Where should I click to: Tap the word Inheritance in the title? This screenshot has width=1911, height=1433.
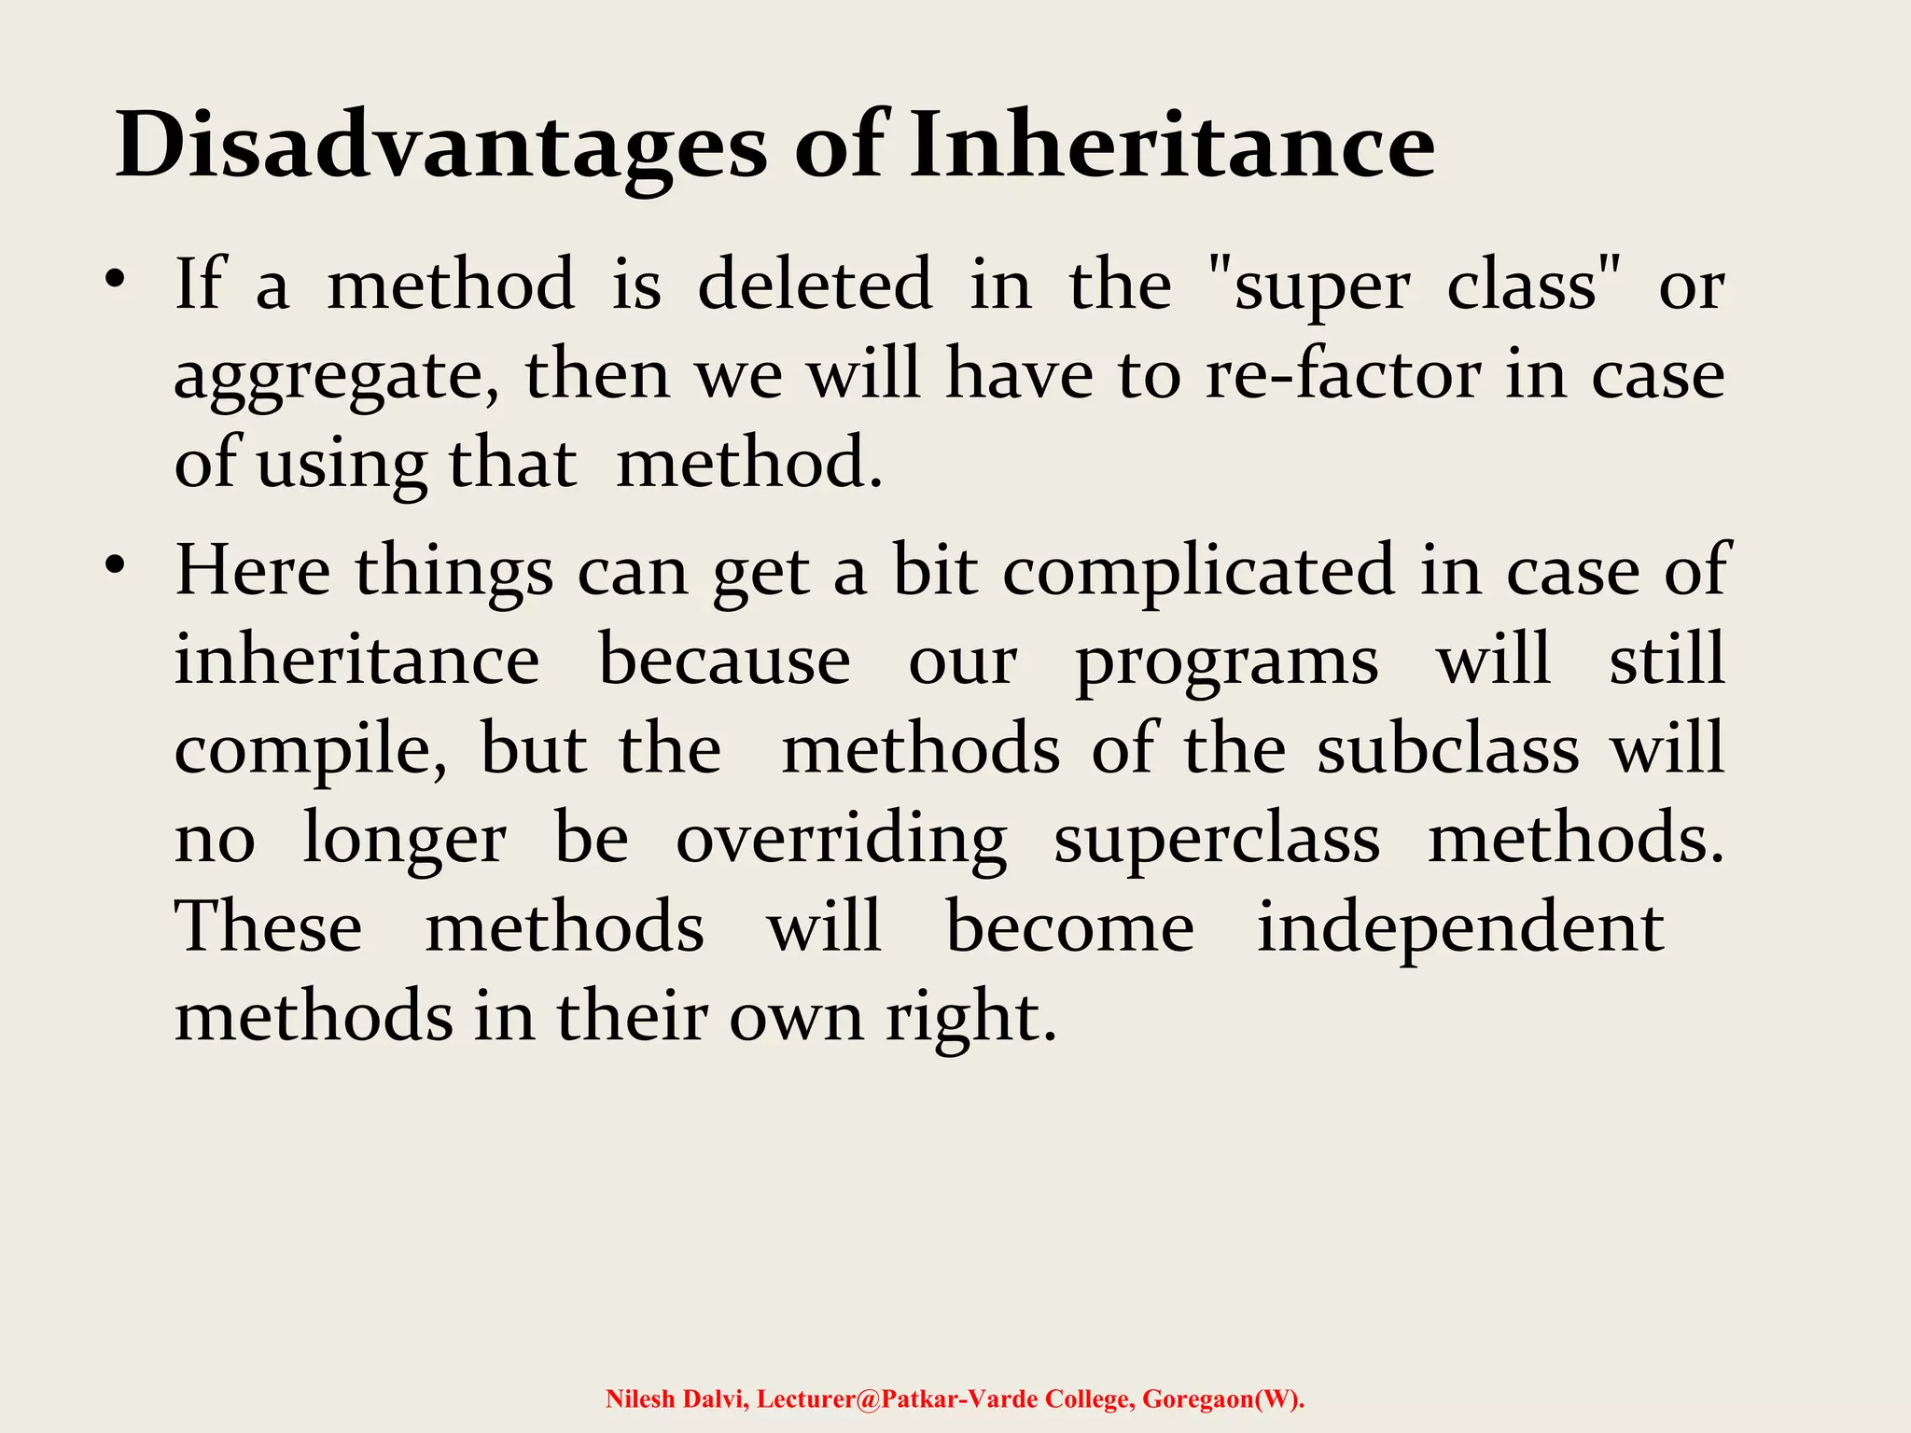[1171, 145]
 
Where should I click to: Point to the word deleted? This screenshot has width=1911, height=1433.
[815, 284]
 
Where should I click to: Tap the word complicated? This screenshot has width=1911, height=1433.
[1198, 571]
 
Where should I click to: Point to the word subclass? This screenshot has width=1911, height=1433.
[1448, 749]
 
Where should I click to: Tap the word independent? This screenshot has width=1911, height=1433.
[1460, 929]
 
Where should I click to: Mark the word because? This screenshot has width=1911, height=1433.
[724, 661]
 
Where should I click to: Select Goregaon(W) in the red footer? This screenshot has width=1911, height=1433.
[1222, 1399]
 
